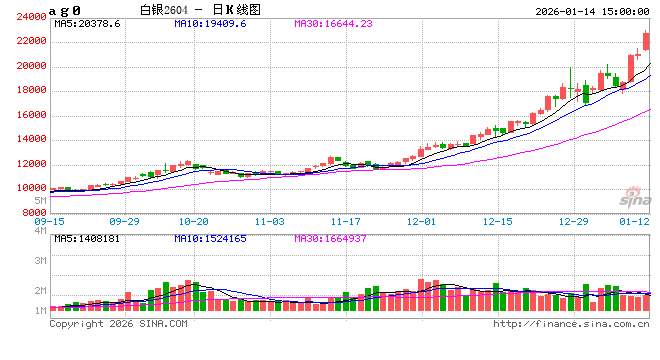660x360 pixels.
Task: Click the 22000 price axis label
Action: point(33,41)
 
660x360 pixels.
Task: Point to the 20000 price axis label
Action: point(33,66)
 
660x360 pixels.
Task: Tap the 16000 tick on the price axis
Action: point(33,115)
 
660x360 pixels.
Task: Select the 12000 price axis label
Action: point(33,164)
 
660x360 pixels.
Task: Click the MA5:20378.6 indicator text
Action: point(88,22)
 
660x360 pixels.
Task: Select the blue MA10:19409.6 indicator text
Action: point(210,22)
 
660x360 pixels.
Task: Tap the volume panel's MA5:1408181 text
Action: point(88,239)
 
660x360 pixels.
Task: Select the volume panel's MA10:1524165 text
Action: point(210,239)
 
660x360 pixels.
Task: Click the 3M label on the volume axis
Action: point(41,260)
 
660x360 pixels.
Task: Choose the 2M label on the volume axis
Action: point(41,290)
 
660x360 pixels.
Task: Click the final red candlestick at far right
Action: point(647,41)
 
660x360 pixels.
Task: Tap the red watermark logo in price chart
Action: point(633,196)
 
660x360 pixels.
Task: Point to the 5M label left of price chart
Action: point(41,201)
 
